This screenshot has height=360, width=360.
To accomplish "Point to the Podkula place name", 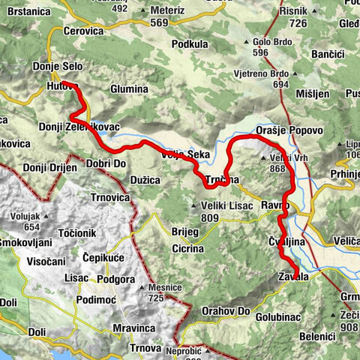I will (190, 44).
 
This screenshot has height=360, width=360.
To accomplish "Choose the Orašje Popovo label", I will (289, 130).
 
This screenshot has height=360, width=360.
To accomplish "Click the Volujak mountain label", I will (26, 216).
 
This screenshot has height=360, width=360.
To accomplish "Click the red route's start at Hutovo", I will (62, 82).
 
